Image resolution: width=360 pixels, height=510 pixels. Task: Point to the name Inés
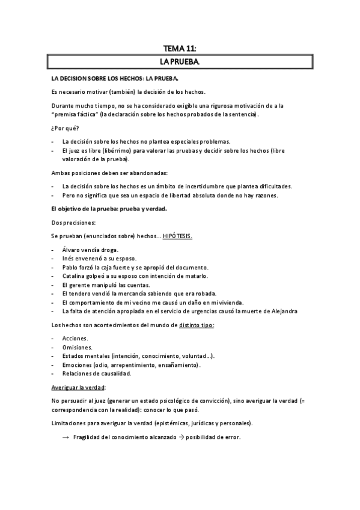coord(69,258)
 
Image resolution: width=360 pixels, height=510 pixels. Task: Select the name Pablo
coord(70,267)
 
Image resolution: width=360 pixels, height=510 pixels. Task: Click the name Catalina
coord(74,275)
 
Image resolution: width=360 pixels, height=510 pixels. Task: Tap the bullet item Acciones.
coord(75,339)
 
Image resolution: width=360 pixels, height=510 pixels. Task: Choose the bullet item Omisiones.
coord(77,348)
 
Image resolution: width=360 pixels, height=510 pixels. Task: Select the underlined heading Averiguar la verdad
coord(78,387)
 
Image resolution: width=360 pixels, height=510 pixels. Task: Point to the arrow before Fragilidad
coord(66,437)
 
